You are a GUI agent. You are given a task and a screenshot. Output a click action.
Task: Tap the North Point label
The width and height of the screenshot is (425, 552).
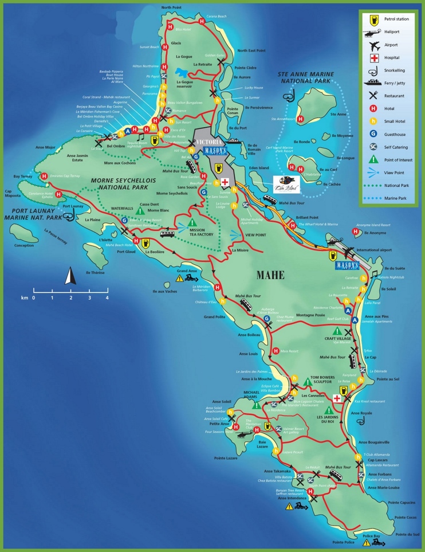point(174,7)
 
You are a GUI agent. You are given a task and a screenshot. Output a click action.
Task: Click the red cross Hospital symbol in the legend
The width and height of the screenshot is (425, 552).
point(374,58)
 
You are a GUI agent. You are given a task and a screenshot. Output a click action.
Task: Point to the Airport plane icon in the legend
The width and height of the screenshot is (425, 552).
point(374,45)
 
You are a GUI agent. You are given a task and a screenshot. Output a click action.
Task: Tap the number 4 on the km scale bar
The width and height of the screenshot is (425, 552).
point(107,298)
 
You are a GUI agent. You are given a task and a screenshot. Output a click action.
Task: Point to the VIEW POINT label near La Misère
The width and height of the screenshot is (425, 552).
point(255,234)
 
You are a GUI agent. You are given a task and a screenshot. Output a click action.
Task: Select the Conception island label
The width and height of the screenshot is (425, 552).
point(24,245)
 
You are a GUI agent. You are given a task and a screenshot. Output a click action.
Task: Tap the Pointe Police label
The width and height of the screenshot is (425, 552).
point(343,542)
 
